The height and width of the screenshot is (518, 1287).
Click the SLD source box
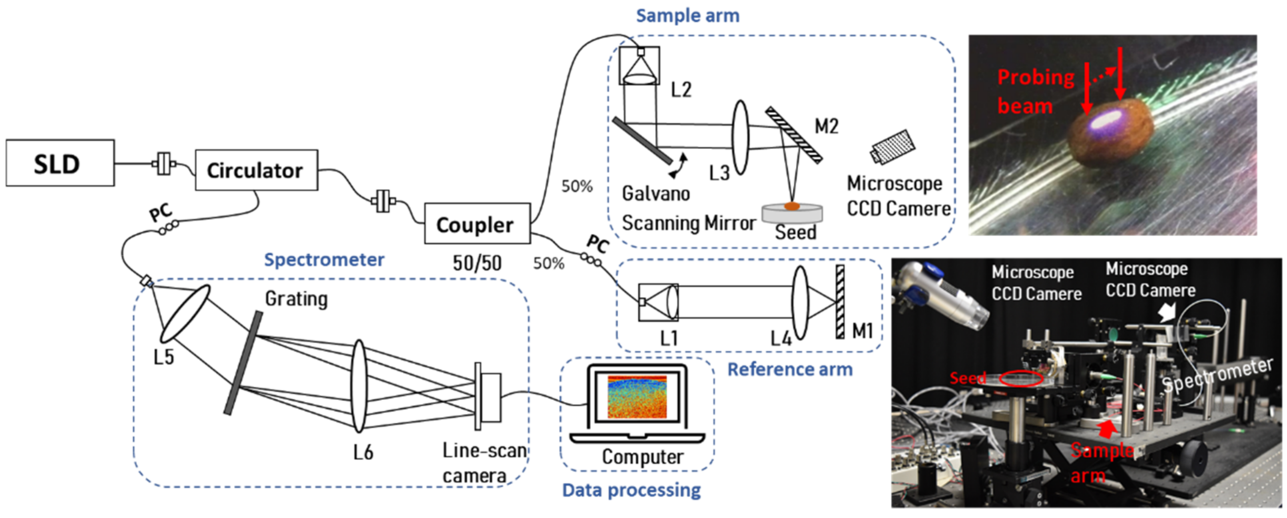click(x=60, y=163)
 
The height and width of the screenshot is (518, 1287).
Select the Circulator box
click(x=256, y=170)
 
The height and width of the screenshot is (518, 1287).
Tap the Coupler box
click(x=476, y=224)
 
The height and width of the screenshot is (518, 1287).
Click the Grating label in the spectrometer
click(x=296, y=299)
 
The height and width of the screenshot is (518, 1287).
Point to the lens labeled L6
click(x=359, y=386)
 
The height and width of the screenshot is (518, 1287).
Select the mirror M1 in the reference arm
click(x=840, y=302)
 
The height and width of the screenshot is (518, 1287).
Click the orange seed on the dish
click(x=792, y=205)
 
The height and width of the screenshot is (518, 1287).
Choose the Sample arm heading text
click(x=687, y=16)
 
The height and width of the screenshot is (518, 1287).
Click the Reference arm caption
click(x=789, y=369)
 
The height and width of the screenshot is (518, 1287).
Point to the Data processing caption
click(x=631, y=490)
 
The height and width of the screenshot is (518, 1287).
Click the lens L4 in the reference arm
click(x=800, y=302)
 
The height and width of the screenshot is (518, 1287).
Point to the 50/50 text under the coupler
click(x=476, y=263)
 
